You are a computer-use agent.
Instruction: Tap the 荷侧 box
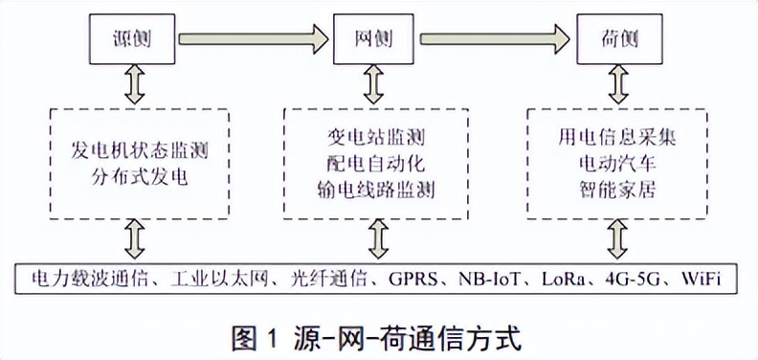tap(616, 39)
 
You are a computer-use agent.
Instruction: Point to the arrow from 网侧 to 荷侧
tap(496, 39)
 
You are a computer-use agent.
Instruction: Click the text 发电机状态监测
tap(140, 150)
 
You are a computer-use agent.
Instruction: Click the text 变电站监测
tap(379, 139)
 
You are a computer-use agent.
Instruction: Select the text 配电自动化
tap(379, 164)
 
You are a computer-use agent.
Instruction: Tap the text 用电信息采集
tap(617, 138)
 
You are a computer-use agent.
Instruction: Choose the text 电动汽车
tap(617, 163)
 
